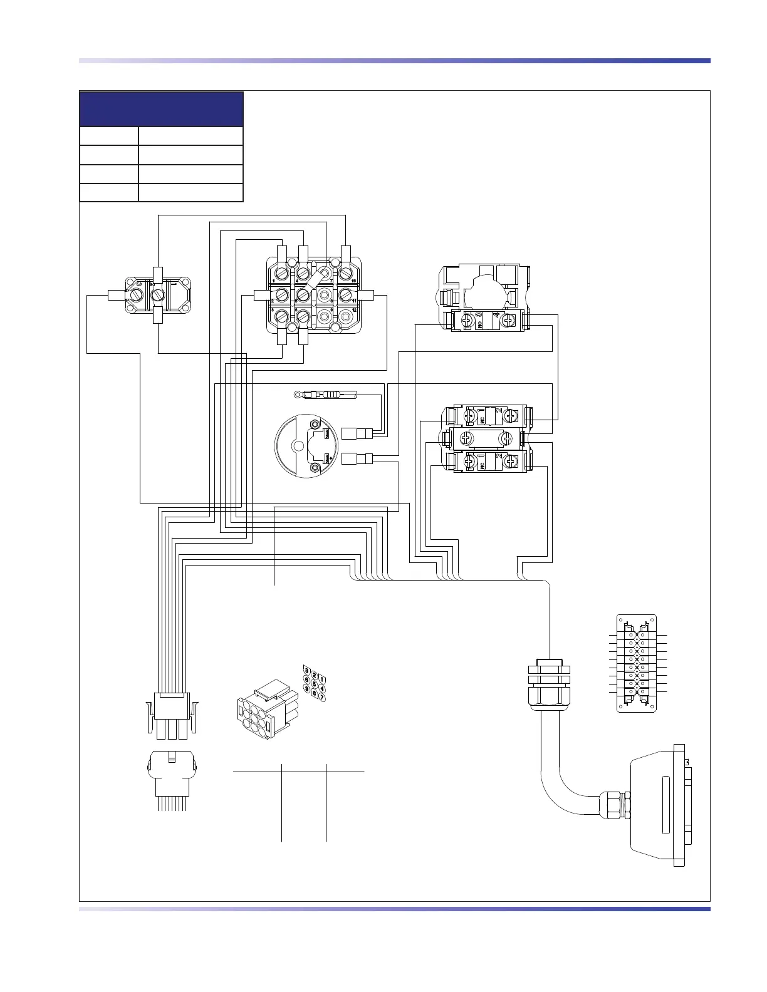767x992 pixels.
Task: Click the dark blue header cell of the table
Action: pos(161,109)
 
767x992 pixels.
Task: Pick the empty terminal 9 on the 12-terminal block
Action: pos(324,316)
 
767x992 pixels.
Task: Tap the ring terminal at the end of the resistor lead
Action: pos(298,395)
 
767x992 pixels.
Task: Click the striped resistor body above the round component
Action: pos(330,395)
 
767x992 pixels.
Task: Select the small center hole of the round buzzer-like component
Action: pos(298,446)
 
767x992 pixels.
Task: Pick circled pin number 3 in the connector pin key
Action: pos(306,669)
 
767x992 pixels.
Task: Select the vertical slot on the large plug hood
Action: pos(665,805)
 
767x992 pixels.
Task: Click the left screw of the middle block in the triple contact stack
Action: pos(466,438)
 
